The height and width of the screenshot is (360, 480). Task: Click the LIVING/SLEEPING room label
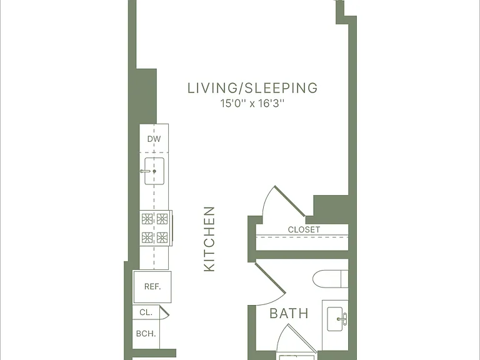coord(252,88)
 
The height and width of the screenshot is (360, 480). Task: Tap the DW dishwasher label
coord(154,139)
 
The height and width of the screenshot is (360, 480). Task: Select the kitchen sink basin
coord(154,171)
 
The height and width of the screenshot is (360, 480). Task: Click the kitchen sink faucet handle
coord(146,171)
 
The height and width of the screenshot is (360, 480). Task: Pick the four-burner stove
coord(156,228)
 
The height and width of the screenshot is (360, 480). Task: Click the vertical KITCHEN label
coord(209,239)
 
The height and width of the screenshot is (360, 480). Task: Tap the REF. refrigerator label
coord(152,286)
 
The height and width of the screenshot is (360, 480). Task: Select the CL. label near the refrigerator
coord(146,312)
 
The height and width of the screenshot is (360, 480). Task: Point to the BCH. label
coord(146,333)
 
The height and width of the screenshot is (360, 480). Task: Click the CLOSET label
coord(304,229)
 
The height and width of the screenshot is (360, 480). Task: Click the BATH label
coord(289,314)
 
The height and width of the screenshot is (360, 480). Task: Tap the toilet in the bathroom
coord(330,279)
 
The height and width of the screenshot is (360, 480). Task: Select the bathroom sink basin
coord(334,319)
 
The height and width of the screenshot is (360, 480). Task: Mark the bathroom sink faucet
coord(344,319)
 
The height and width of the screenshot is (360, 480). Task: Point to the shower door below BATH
coord(302,338)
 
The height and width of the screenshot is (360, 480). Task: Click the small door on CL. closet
coord(164,312)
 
